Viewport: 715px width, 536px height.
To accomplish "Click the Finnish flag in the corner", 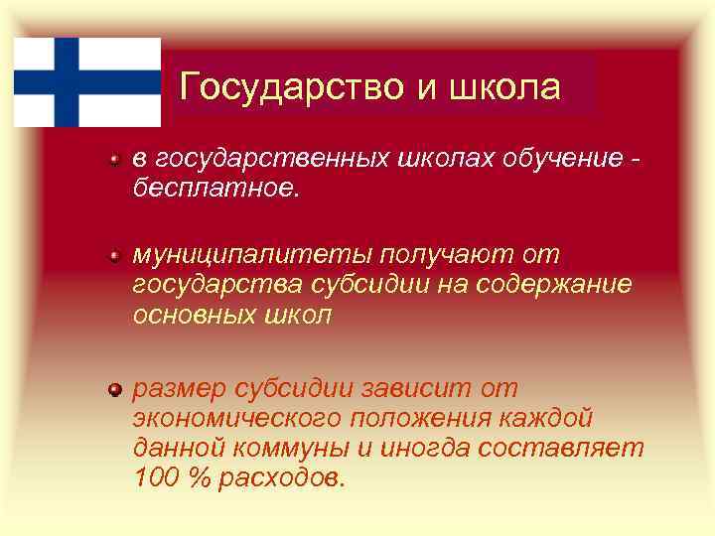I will pyautogui.click(x=87, y=82).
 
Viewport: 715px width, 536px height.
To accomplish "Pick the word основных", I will pyautogui.click(x=194, y=315).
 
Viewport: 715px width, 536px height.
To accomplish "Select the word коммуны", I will pyautogui.click(x=291, y=448).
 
